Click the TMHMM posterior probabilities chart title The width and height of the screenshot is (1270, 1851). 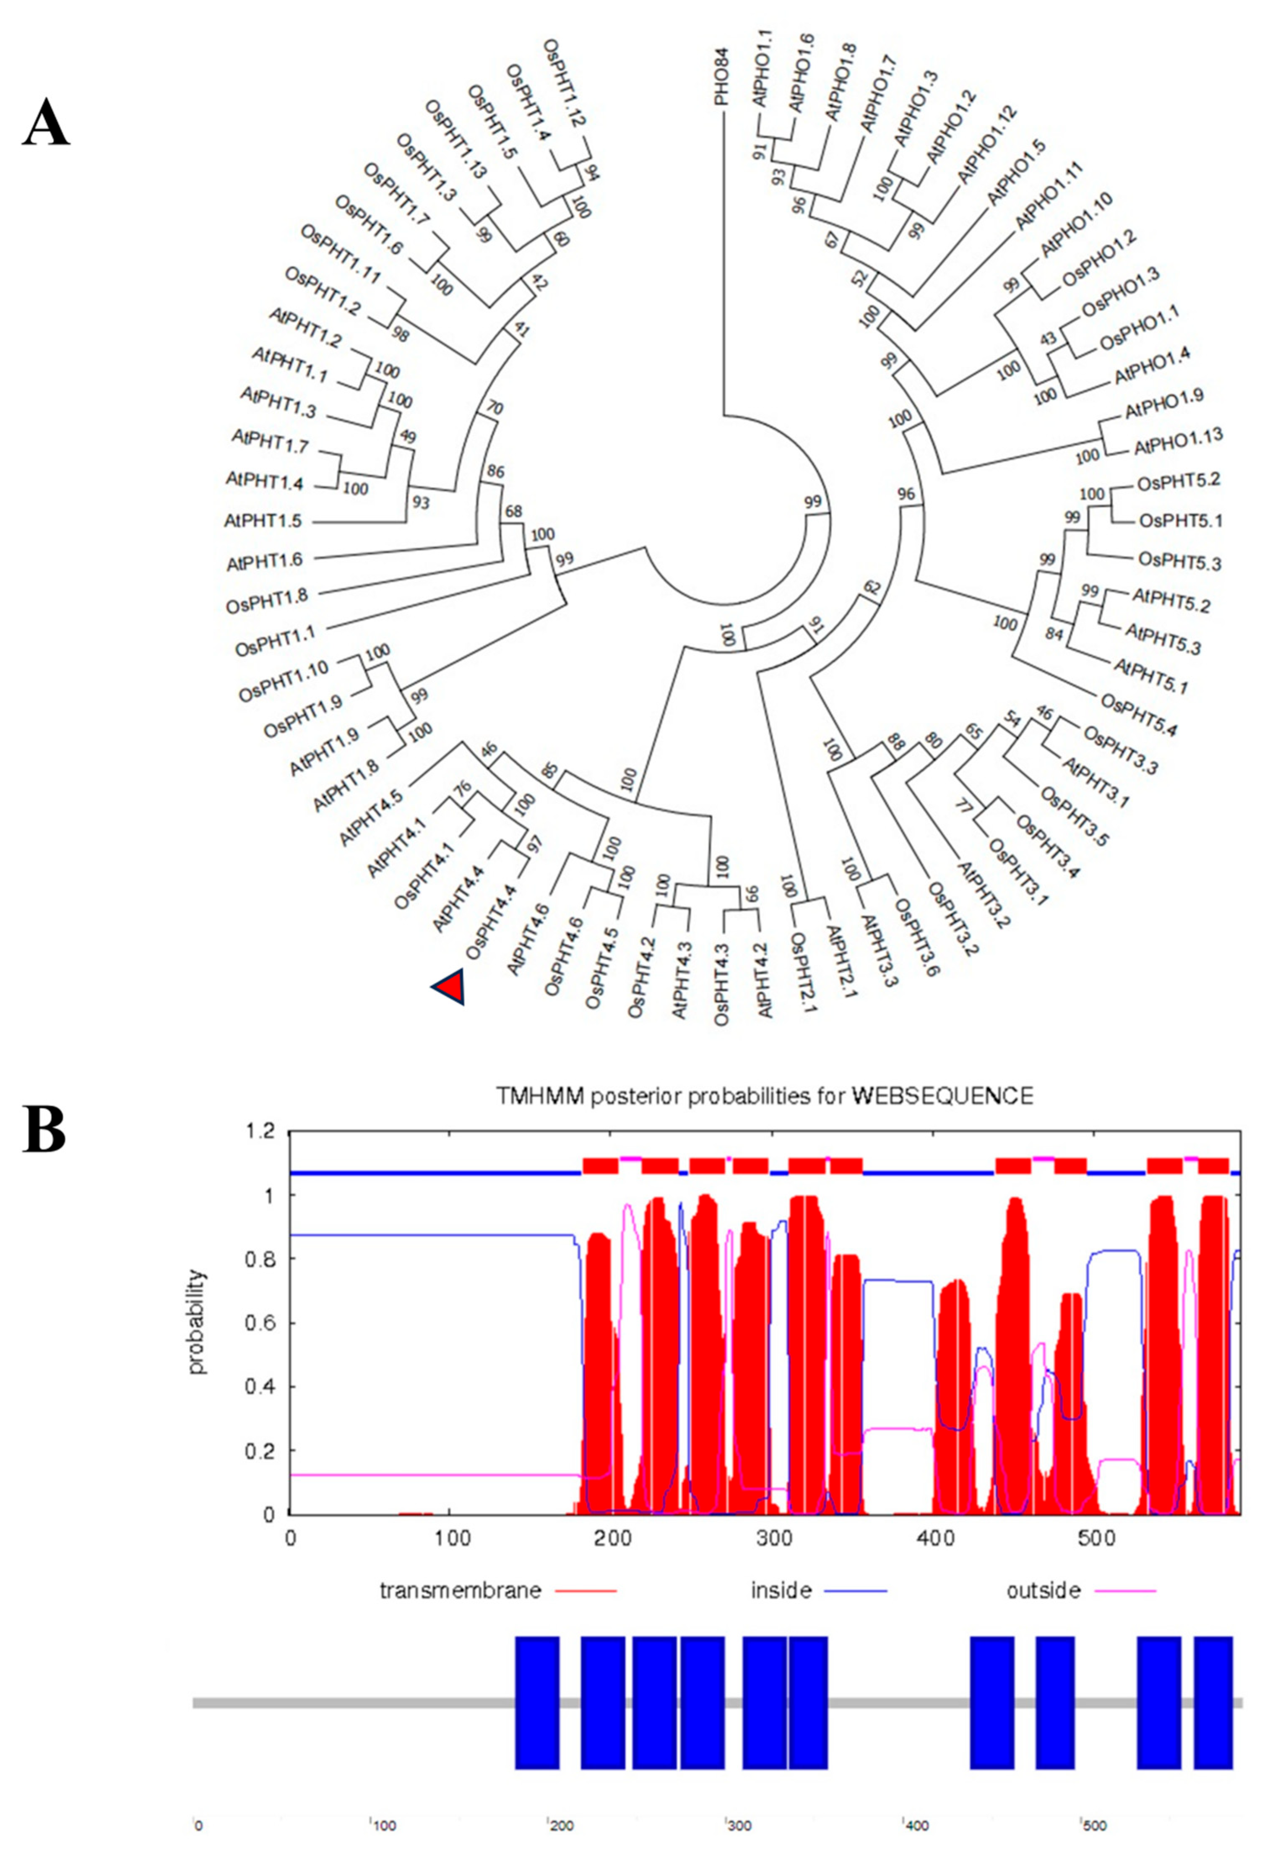coord(764,1096)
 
